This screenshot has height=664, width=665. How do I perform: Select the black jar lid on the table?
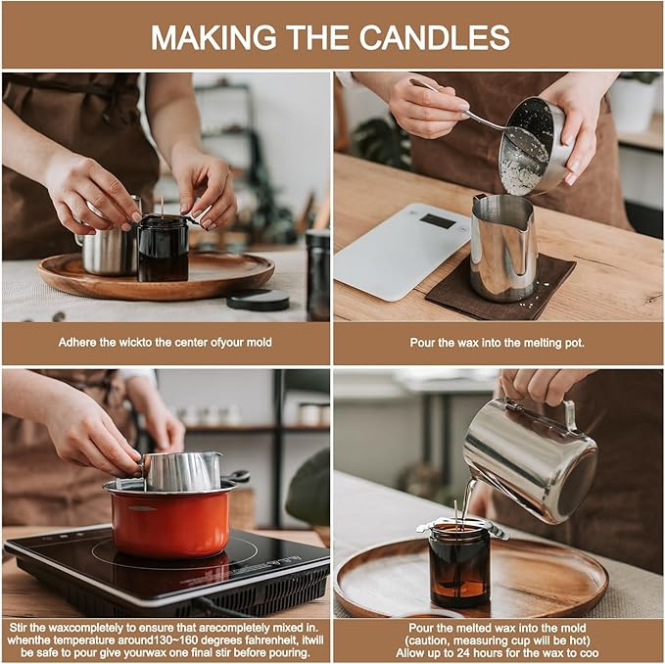pos(258,300)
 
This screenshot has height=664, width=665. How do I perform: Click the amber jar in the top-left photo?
pos(163,249)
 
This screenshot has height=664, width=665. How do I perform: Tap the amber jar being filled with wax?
pos(458,567)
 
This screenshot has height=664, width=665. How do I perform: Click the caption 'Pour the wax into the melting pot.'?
pos(498,343)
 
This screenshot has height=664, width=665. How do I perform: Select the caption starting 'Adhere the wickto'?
pos(166,343)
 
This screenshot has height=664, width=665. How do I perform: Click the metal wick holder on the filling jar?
pos(459,526)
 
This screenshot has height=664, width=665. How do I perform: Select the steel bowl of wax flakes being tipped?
pos(533,144)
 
